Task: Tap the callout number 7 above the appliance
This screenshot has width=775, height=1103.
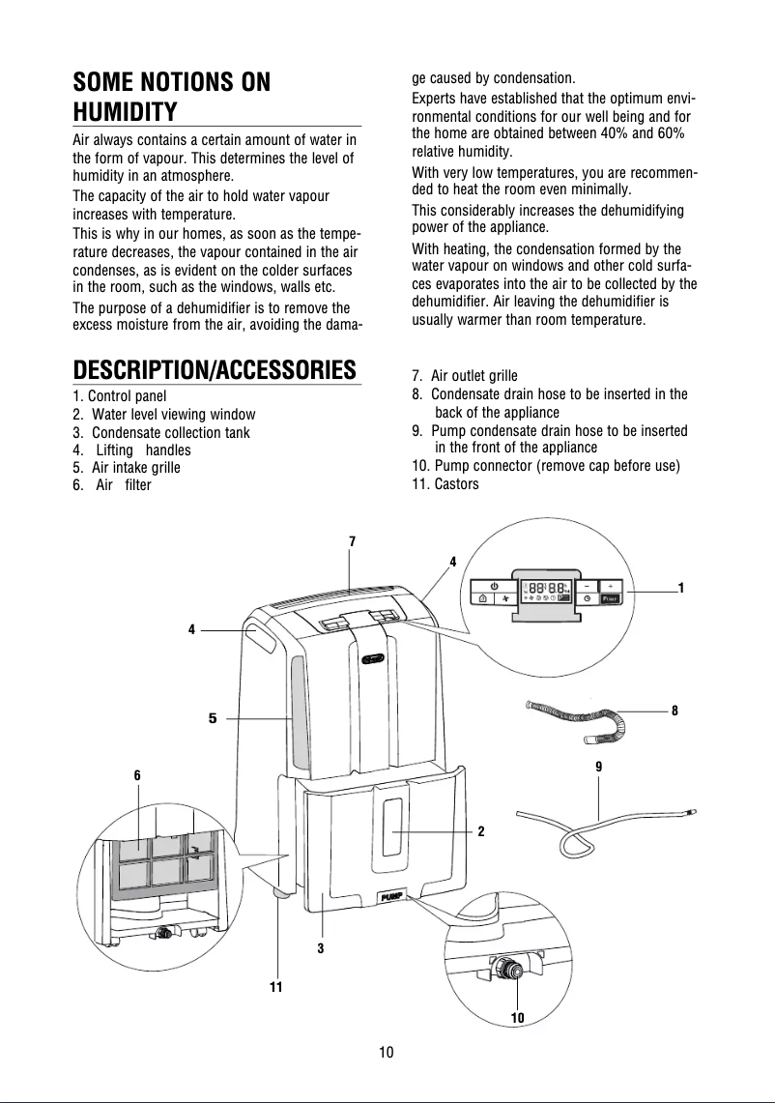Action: [353, 541]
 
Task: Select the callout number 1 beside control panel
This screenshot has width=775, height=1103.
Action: [681, 588]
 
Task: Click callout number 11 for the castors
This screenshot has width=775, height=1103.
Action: [275, 987]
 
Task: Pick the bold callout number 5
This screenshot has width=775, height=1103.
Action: [213, 718]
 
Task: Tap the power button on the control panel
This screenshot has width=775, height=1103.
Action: [495, 585]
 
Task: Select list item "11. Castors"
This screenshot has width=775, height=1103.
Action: [445, 484]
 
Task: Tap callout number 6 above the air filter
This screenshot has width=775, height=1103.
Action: [137, 775]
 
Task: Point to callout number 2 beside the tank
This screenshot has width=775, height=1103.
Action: [480, 831]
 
